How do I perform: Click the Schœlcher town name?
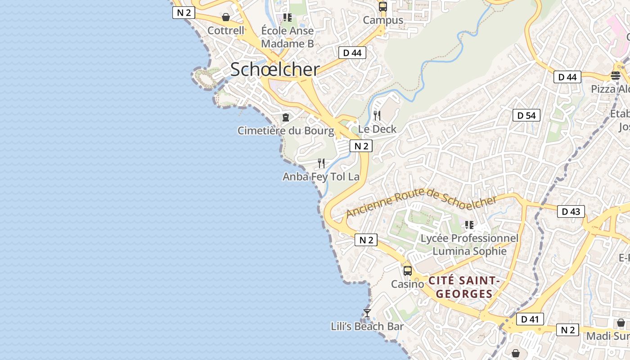[275, 70]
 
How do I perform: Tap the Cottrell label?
[225, 31]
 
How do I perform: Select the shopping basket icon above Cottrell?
[226, 17]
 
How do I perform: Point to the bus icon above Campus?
[383, 7]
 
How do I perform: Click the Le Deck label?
[377, 129]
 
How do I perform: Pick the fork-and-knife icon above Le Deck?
[377, 116]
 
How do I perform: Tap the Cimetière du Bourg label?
[286, 131]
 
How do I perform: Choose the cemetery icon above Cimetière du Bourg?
[286, 117]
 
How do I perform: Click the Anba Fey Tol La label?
[321, 177]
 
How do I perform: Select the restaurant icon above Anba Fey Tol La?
[321, 163]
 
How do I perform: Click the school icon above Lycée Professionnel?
[469, 225]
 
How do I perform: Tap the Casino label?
[407, 284]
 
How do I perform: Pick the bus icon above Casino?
[408, 271]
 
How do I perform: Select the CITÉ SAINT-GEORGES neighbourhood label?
[464, 287]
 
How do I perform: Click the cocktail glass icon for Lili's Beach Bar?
[367, 313]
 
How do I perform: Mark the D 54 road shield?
[526, 116]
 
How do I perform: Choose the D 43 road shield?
[571, 211]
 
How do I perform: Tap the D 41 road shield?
[530, 319]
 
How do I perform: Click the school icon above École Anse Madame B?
[288, 18]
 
